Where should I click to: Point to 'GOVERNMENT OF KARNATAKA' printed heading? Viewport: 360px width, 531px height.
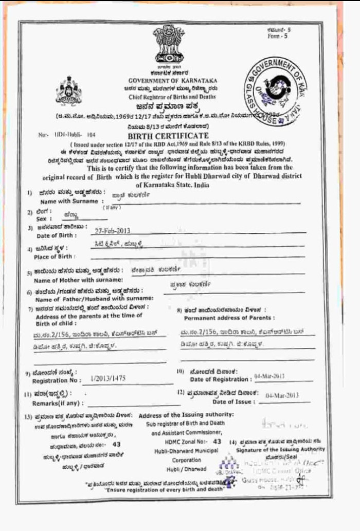pyautogui.click(x=173, y=81)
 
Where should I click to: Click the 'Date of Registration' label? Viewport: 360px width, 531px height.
pyautogui.click(x=221, y=379)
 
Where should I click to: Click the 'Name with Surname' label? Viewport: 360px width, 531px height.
pyautogui.click(x=67, y=202)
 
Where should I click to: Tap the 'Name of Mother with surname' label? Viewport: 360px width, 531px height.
pyautogui.click(x=78, y=280)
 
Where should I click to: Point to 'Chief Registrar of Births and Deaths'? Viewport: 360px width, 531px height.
pyautogui.click(x=172, y=96)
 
